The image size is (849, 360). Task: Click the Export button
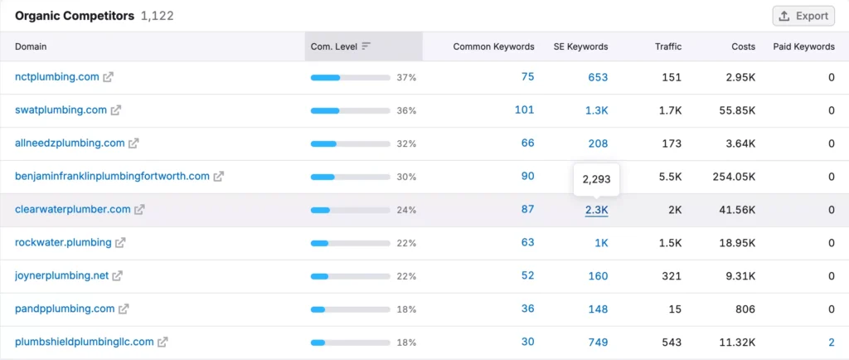(803, 16)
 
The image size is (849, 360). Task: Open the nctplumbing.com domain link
(57, 77)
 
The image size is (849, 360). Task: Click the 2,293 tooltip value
(596, 179)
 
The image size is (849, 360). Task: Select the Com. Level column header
(334, 46)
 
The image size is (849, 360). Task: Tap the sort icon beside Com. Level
(366, 46)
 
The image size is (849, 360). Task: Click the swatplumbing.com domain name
(61, 110)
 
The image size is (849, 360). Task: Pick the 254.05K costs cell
(734, 177)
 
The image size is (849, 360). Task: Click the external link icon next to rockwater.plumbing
(120, 243)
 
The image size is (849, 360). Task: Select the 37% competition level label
(406, 77)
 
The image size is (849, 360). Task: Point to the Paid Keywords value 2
(831, 342)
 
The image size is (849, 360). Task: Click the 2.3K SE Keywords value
(596, 210)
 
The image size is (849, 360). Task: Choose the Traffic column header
(668, 46)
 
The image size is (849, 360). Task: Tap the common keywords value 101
(524, 110)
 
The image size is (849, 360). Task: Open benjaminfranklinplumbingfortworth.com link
(112, 177)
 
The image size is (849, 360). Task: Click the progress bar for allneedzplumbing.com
(350, 144)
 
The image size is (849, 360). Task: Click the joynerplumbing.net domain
(61, 276)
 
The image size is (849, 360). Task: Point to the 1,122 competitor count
(158, 16)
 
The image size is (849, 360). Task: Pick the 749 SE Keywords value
(598, 342)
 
